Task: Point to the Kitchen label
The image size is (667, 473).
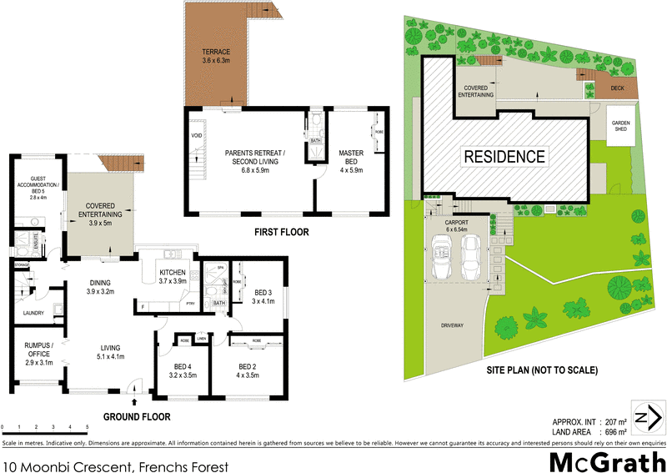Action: pyautogui.click(x=173, y=277)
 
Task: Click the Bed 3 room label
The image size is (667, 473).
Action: pyautogui.click(x=263, y=297)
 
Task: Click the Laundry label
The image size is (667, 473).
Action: pyautogui.click(x=33, y=314)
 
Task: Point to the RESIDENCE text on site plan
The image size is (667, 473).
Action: pyautogui.click(x=504, y=156)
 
